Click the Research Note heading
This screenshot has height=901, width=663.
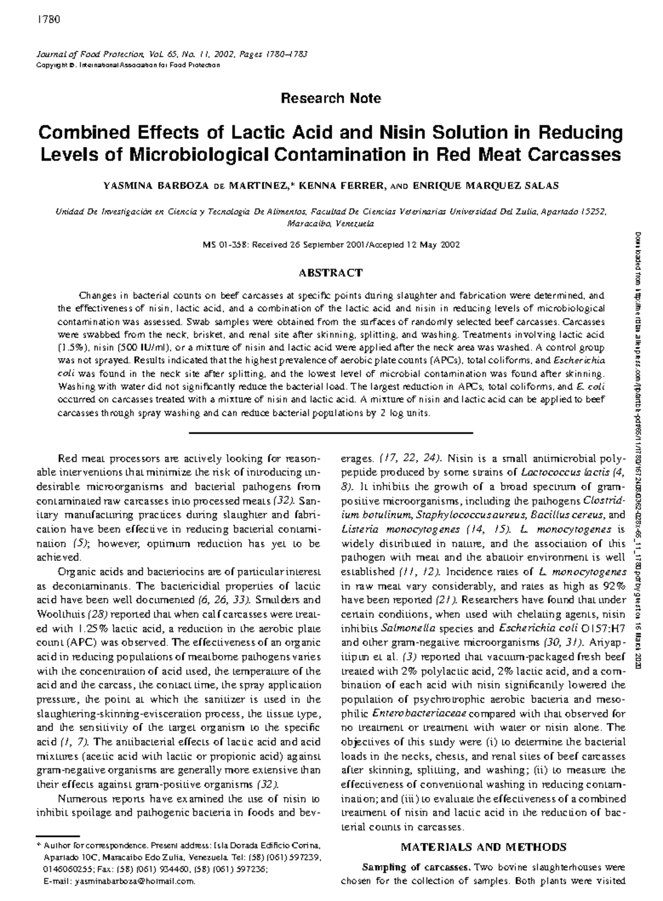pyautogui.click(x=330, y=98)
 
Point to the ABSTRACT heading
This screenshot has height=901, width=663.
pyautogui.click(x=330, y=272)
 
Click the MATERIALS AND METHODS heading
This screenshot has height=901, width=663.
pyautogui.click(x=483, y=847)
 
